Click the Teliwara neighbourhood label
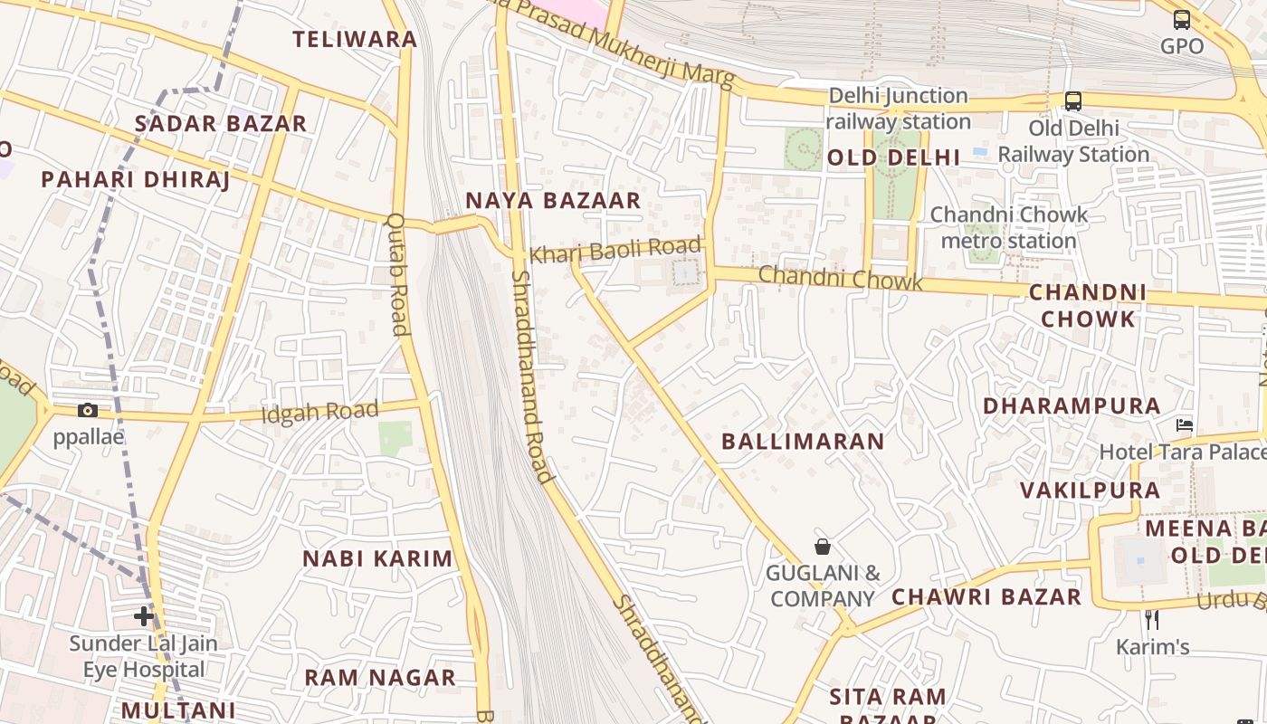click(355, 39)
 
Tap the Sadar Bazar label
click(221, 124)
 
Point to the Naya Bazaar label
click(553, 200)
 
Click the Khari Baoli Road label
click(615, 251)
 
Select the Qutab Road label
click(397, 274)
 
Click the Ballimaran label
click(803, 442)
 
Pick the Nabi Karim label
click(377, 558)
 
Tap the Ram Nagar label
click(380, 678)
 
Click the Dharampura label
click(1072, 406)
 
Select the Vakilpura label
click(1090, 491)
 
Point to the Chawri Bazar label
click(986, 597)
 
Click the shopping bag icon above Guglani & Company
click(823, 547)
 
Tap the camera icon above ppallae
click(88, 410)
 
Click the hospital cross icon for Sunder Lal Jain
click(143, 617)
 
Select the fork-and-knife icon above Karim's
click(1151, 620)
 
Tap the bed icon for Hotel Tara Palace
click(1184, 424)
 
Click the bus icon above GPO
click(1182, 20)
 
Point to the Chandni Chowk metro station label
click(1009, 227)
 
